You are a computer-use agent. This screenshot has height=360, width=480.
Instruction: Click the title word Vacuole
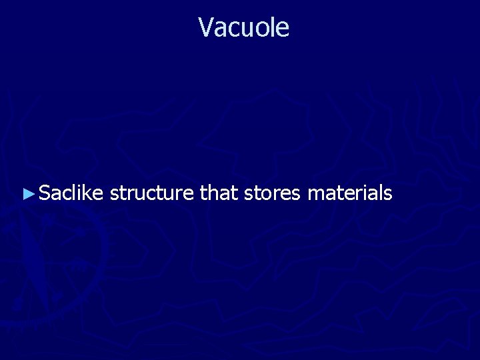tap(243, 27)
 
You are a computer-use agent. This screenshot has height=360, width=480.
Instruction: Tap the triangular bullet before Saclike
tap(27, 194)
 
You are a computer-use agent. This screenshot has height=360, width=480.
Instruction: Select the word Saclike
tap(71, 193)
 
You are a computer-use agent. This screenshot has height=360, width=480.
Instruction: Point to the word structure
tap(151, 194)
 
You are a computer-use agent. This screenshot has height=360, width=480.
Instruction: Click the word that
tap(219, 193)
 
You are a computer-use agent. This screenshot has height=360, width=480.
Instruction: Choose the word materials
tap(350, 193)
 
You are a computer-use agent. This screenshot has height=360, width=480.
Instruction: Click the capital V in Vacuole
tap(205, 27)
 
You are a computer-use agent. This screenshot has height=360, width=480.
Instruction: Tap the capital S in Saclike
tap(45, 193)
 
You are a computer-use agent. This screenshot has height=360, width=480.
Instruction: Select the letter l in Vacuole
tap(271, 27)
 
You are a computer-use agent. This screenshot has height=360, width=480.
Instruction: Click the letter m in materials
tap(316, 194)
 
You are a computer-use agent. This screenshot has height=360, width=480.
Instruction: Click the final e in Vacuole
tap(283, 28)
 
